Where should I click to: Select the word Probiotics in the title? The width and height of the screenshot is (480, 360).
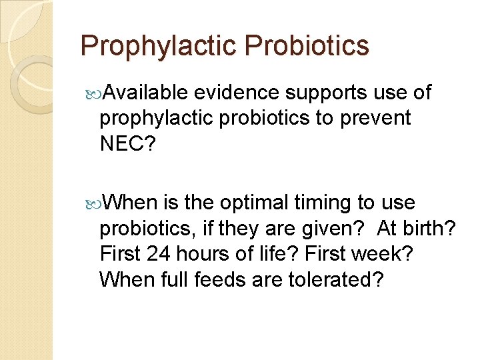(307, 46)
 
